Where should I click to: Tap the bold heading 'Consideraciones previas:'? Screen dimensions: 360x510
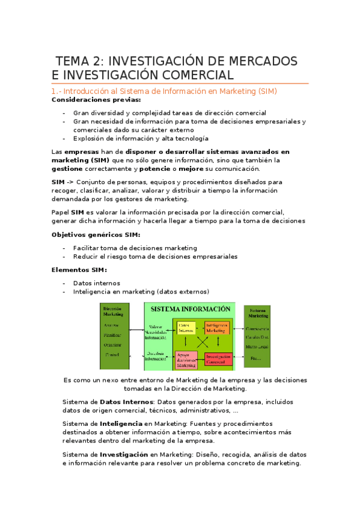[x=97, y=100]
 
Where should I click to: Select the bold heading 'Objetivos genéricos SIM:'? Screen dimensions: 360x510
[x=96, y=234]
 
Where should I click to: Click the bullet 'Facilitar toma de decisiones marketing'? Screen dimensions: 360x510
[x=135, y=247]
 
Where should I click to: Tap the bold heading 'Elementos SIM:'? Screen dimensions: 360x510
[x=79, y=269]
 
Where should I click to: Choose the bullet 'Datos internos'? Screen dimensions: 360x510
[x=96, y=283]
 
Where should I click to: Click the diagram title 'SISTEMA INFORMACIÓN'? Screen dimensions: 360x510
[x=191, y=309]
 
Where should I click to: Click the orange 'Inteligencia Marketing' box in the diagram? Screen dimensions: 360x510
[x=216, y=328]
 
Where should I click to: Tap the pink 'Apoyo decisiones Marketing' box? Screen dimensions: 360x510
[x=186, y=360]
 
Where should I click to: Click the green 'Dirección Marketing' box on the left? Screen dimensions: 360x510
[x=114, y=336]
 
